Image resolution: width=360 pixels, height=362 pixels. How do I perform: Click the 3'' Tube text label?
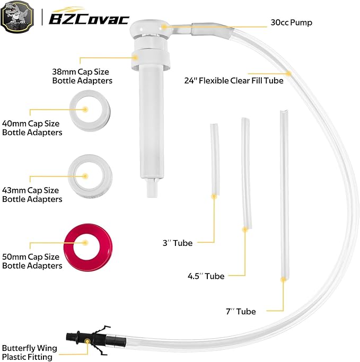click(x=178, y=243)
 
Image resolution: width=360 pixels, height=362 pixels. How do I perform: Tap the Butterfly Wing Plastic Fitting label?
click(x=30, y=353)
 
